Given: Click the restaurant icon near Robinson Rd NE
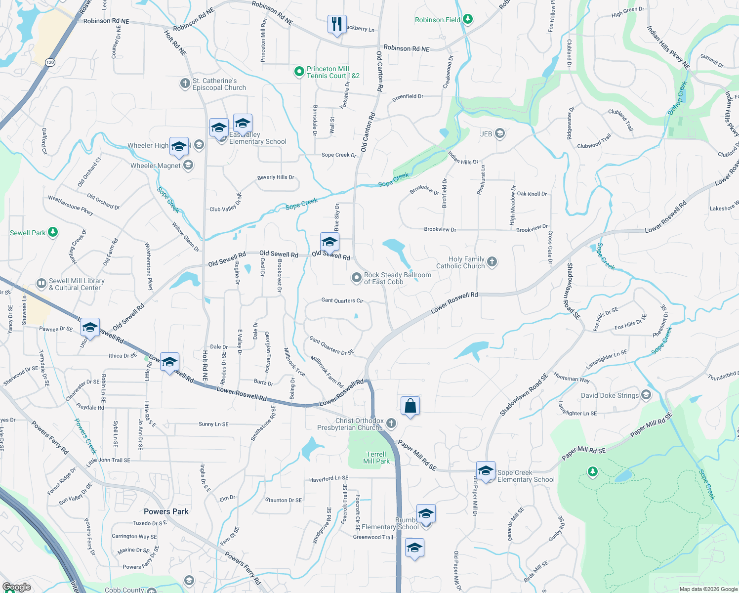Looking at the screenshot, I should [336, 23].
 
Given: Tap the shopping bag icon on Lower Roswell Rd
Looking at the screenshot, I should [410, 406].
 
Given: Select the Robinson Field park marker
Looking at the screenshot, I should [468, 19].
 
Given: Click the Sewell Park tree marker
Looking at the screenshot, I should [53, 232].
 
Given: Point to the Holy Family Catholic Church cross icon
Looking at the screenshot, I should [492, 261].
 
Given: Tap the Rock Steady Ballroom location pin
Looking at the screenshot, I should [356, 278].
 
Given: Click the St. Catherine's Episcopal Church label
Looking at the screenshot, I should [219, 84].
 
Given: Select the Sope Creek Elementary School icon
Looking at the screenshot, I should [486, 470].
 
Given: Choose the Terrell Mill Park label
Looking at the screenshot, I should [376, 458].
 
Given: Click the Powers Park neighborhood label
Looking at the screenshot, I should [166, 511].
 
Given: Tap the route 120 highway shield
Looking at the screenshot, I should [49, 62].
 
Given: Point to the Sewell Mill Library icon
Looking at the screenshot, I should [41, 284].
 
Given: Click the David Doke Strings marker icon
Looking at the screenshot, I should [646, 395].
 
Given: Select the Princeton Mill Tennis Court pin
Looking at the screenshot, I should [299, 72].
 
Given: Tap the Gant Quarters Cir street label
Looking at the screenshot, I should [342, 300].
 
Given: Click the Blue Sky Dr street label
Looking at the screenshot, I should [337, 217].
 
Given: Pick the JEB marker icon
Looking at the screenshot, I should [500, 133].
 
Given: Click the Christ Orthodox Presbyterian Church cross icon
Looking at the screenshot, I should [391, 423].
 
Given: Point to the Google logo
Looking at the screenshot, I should [17, 587].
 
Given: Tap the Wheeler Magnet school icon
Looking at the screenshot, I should [188, 165].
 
